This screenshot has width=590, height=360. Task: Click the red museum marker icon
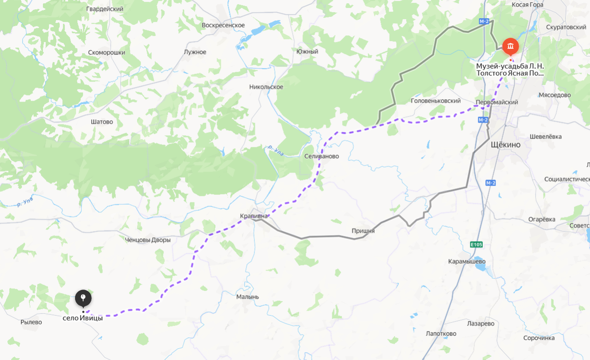pos(510,47)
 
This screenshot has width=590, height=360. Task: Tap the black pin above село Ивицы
pos(83,298)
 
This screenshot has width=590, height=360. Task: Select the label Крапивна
pos(254,216)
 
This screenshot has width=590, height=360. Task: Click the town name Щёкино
pos(505,145)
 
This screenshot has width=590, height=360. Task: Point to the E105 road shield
pos(476,244)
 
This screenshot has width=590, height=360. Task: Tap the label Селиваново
pos(322,156)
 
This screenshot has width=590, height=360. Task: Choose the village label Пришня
pos(363,231)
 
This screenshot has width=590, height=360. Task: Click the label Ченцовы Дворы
pos(148,240)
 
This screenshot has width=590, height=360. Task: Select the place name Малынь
pos(247,297)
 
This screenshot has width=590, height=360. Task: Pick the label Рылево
pos(31,322)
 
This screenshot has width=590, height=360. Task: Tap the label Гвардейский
pos(104,9)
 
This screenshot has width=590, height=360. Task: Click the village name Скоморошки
pos(107,52)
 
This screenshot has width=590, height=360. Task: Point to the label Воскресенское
pos(223,25)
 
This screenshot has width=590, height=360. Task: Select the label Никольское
pos(266,87)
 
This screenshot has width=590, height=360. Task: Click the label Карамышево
pos(467,261)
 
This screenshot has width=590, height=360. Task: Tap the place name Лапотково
pos(441,333)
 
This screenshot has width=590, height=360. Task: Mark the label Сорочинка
pos(539,338)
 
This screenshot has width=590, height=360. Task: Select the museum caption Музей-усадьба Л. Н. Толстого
pos(510,69)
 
